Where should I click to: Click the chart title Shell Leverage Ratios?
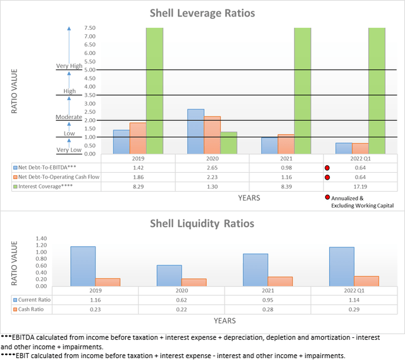[202, 13]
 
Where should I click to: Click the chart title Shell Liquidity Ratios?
[202, 223]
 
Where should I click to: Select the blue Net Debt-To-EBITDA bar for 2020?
[196, 132]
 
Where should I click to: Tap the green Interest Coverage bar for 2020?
[228, 143]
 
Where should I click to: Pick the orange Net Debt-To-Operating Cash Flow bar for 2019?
[137, 138]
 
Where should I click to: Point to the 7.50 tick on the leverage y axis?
[89, 28]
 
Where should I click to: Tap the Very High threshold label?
[70, 66]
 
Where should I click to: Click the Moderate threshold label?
[69, 117]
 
